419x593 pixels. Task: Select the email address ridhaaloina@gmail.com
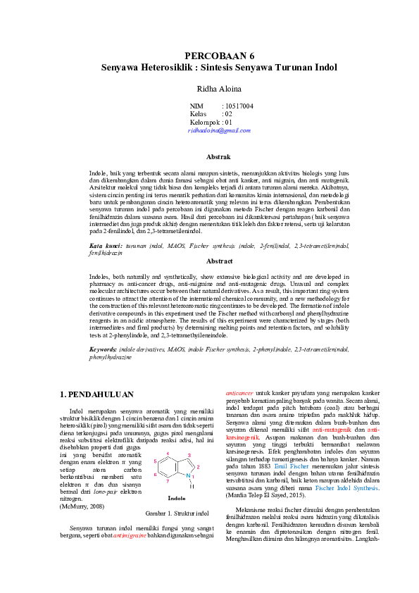coord(219,130)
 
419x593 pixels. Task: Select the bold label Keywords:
coord(103,349)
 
